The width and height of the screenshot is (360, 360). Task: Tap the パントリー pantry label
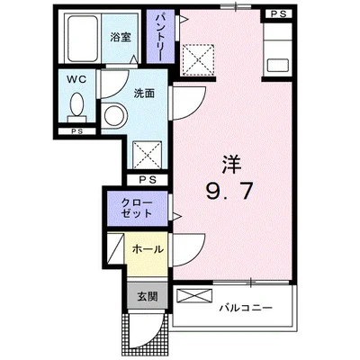[x=158, y=37]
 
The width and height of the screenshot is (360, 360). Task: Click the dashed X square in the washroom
[x=146, y=154]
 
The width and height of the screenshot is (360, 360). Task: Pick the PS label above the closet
[x=148, y=178]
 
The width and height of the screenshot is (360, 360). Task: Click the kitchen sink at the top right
[x=278, y=66]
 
